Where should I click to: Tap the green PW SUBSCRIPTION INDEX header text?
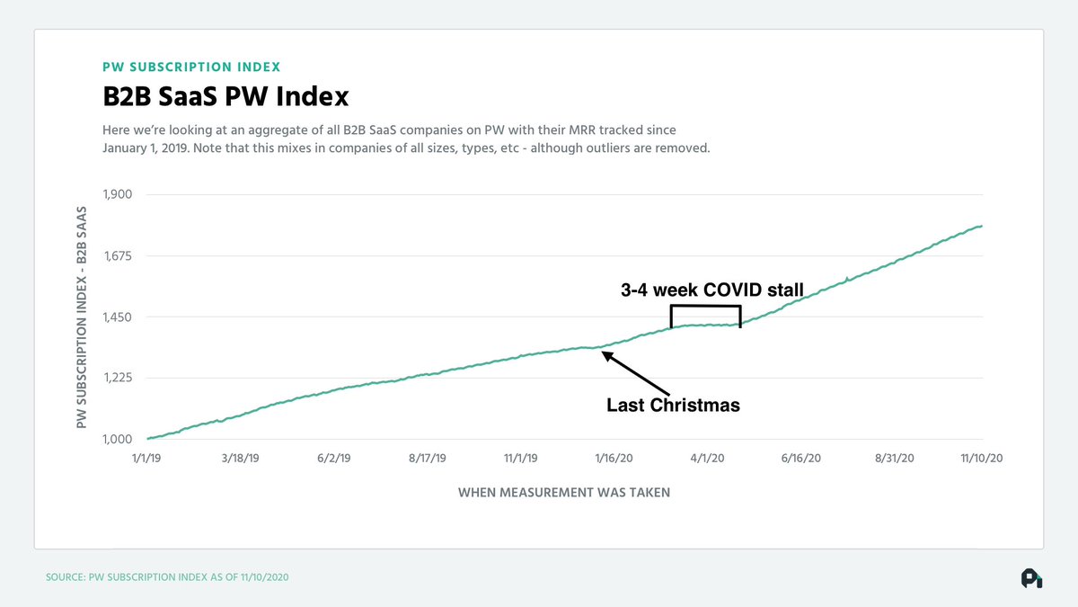(190, 67)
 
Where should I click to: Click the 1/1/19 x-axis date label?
(148, 459)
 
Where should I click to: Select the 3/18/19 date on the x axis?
(240, 459)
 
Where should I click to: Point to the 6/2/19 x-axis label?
(333, 459)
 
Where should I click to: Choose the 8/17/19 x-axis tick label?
(427, 459)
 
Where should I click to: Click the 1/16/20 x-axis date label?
(614, 459)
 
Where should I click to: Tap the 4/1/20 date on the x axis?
(707, 459)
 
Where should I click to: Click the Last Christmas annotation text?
(673, 406)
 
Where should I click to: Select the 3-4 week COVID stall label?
(711, 290)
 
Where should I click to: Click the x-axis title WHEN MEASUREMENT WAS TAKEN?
(564, 492)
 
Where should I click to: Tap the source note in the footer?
(167, 576)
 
